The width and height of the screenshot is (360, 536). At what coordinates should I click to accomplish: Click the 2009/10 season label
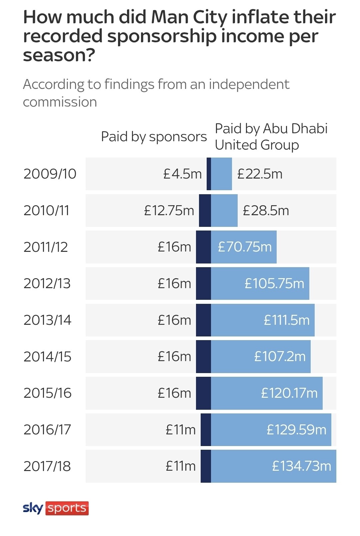point(50,174)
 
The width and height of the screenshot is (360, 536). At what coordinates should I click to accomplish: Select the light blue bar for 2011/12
point(244,247)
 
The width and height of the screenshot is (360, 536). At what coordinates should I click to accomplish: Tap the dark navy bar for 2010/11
point(205,211)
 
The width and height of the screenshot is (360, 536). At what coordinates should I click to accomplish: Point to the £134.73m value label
point(302,466)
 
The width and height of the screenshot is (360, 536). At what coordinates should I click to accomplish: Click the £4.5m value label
point(182,174)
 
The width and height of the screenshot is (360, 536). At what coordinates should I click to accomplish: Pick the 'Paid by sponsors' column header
point(154,137)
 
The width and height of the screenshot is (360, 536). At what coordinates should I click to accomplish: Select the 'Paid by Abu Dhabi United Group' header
point(271,137)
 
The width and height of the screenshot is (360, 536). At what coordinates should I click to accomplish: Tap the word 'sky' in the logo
point(33,508)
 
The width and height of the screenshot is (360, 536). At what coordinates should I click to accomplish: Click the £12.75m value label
point(169,211)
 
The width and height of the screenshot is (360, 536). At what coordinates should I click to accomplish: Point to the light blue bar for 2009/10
point(221,174)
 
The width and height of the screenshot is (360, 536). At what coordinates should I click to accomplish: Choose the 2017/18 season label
point(47,466)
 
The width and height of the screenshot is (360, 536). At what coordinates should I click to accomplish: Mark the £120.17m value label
point(289,393)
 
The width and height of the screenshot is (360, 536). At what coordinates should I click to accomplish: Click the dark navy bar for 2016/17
point(206,429)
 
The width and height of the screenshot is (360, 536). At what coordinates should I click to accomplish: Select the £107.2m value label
point(280,356)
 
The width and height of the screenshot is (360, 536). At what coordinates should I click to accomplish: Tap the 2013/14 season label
point(47,320)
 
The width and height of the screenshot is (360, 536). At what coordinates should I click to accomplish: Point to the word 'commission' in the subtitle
point(60,102)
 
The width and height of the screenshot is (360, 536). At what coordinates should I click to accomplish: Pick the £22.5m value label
point(260,174)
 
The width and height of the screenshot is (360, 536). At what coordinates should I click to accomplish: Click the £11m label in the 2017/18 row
point(180,466)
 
